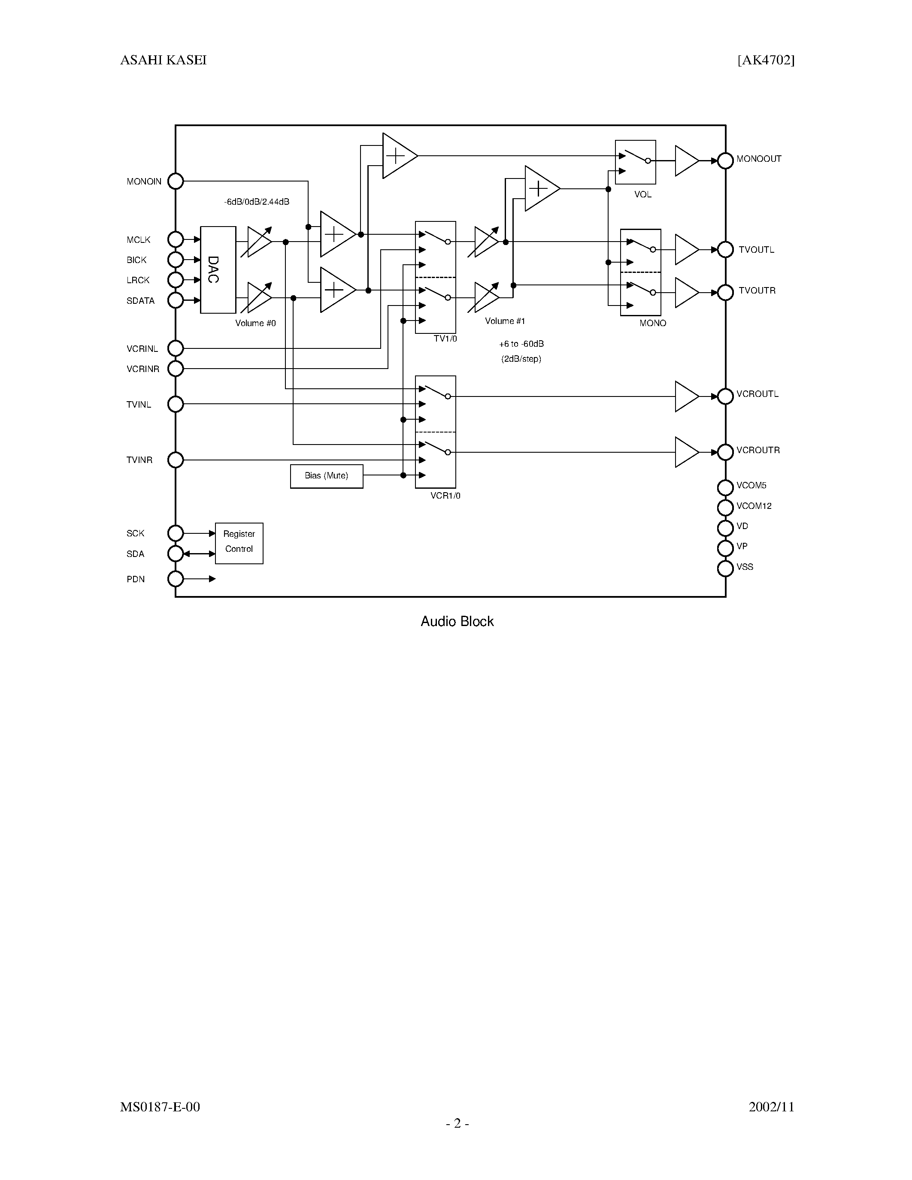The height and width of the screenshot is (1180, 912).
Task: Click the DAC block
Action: pos(218,269)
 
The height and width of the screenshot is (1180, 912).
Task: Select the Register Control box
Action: pos(239,543)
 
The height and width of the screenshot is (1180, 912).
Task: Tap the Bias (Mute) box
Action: pos(326,476)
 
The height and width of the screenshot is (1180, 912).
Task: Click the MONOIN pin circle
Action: pos(176,182)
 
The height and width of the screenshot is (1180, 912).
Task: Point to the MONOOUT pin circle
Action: pos(725,160)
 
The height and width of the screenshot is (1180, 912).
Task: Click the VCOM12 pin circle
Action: pos(725,507)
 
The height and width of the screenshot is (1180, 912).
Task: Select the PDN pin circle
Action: pos(176,579)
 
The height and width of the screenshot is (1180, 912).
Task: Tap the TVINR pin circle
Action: pos(176,460)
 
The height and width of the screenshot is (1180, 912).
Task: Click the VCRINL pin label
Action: pos(142,349)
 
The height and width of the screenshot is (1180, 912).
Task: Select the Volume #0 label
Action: pos(255,323)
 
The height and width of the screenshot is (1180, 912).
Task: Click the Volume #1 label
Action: pos(505,321)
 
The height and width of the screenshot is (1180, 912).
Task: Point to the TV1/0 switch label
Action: pos(445,339)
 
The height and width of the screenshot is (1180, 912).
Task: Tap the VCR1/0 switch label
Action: pos(445,496)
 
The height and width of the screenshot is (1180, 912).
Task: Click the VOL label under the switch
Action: pos(642,194)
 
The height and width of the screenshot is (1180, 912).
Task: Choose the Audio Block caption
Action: pos(457,621)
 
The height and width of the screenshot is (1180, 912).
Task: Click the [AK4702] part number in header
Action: pos(766,60)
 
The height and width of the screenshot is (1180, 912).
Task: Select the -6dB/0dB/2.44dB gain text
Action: pos(257,202)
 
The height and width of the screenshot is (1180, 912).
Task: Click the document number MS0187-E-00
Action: pos(160,1107)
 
